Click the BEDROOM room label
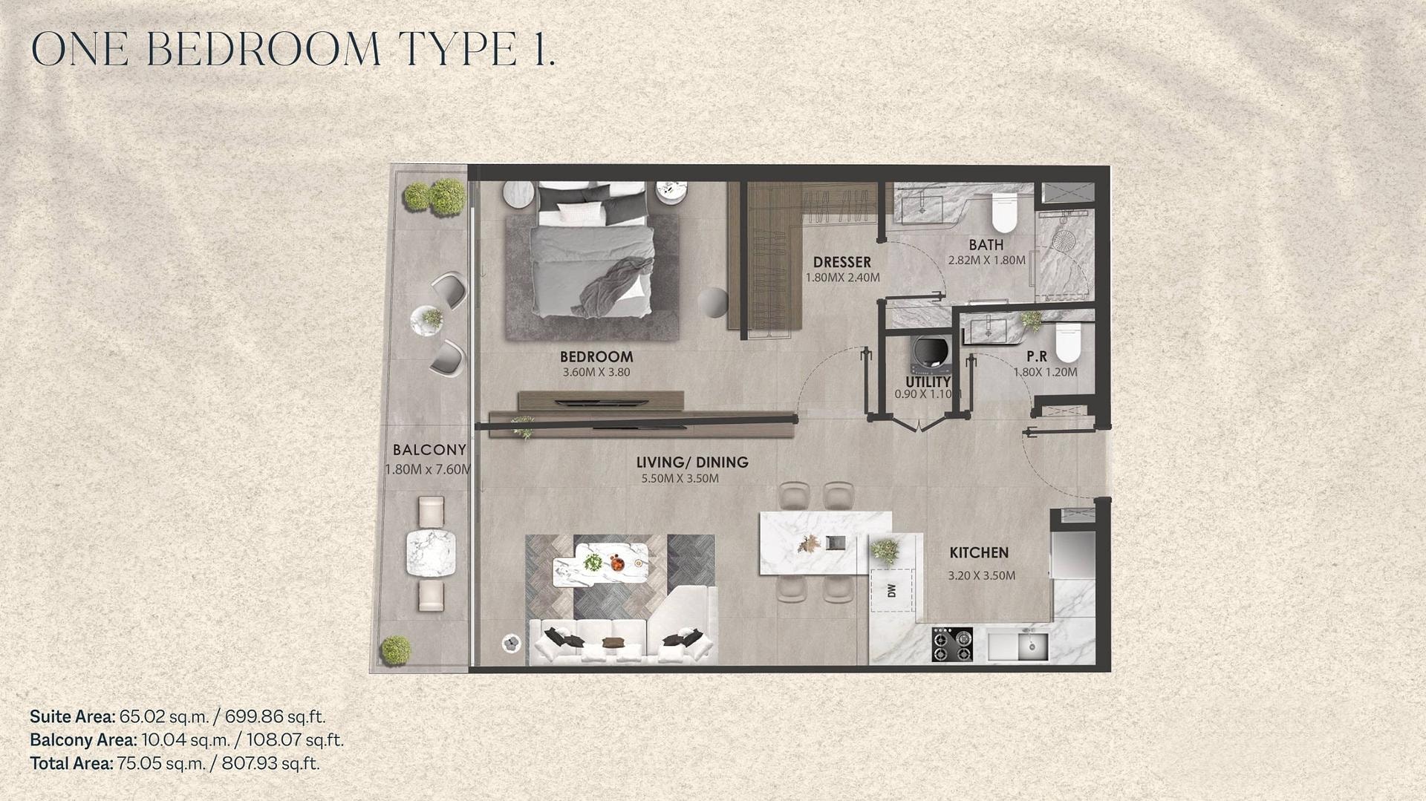(596, 357)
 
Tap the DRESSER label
(841, 262)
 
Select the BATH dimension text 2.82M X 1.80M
(986, 261)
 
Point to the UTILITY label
(928, 382)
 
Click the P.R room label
(1037, 357)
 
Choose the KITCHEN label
(979, 553)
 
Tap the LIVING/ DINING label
(692, 462)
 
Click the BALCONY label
(429, 450)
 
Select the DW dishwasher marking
(892, 590)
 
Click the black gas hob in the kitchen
(953, 644)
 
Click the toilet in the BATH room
(1004, 211)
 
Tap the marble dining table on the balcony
(430, 553)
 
